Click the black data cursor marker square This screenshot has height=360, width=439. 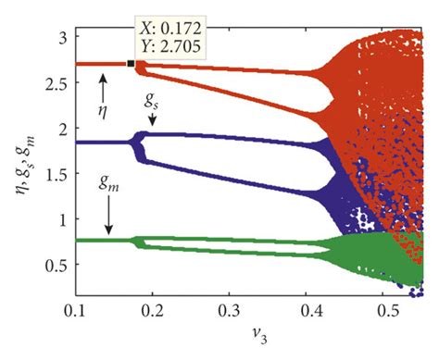pos(131,64)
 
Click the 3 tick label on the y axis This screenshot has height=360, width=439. pos(58,37)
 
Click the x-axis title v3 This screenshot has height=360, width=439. pos(250,343)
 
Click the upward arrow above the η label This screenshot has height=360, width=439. pos(103,88)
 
